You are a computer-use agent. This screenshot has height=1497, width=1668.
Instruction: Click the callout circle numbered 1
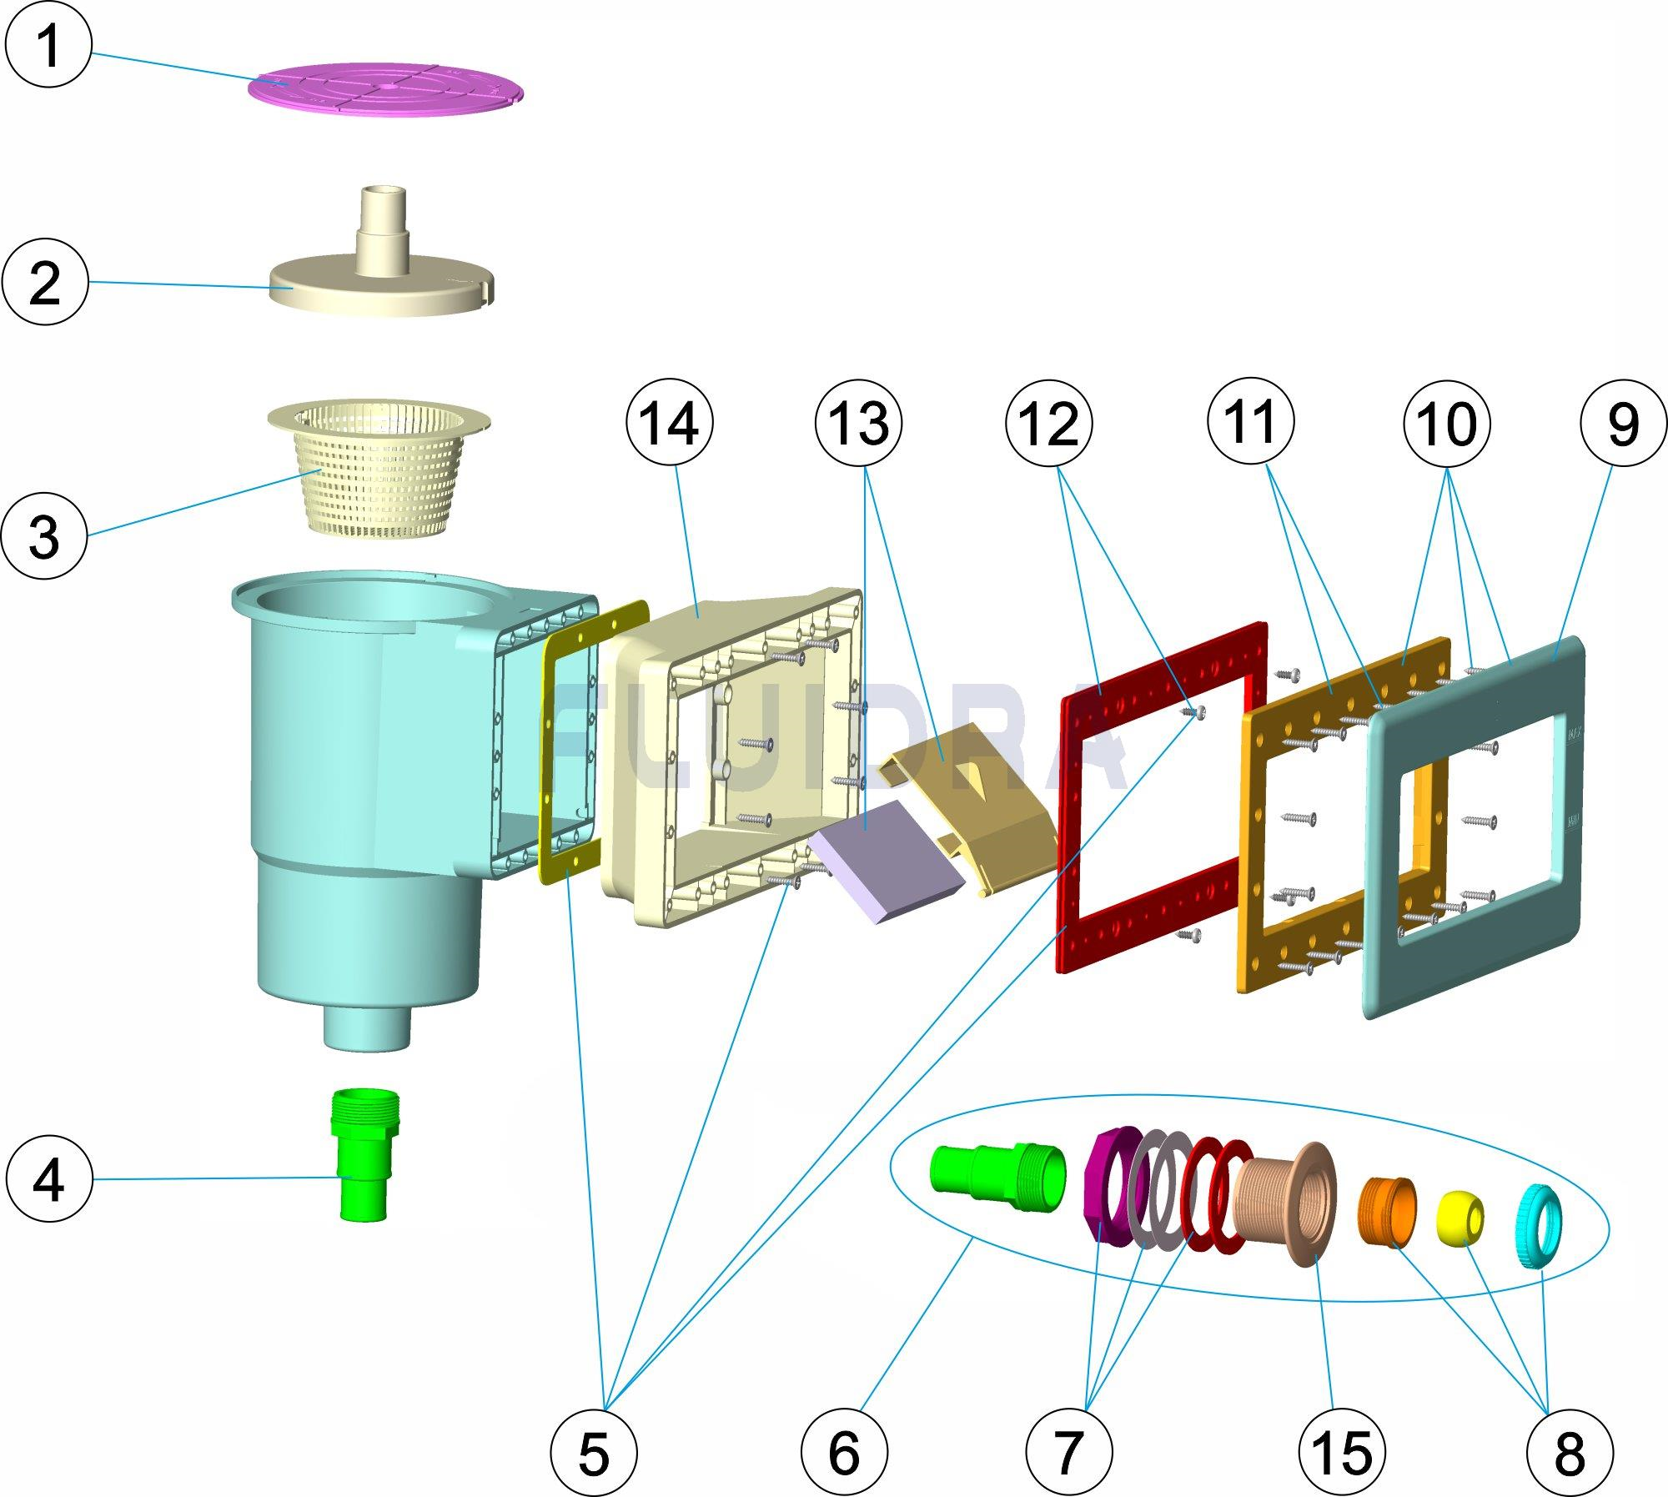[x=49, y=45]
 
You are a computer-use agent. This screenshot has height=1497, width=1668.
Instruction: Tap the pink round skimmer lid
[x=388, y=88]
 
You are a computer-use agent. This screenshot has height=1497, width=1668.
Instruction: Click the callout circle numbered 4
[x=48, y=1179]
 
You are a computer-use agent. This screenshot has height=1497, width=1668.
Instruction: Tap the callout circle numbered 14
[x=670, y=424]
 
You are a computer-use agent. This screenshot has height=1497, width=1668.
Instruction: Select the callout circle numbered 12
[x=1049, y=424]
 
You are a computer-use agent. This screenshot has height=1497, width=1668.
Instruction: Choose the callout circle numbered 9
[x=1622, y=424]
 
